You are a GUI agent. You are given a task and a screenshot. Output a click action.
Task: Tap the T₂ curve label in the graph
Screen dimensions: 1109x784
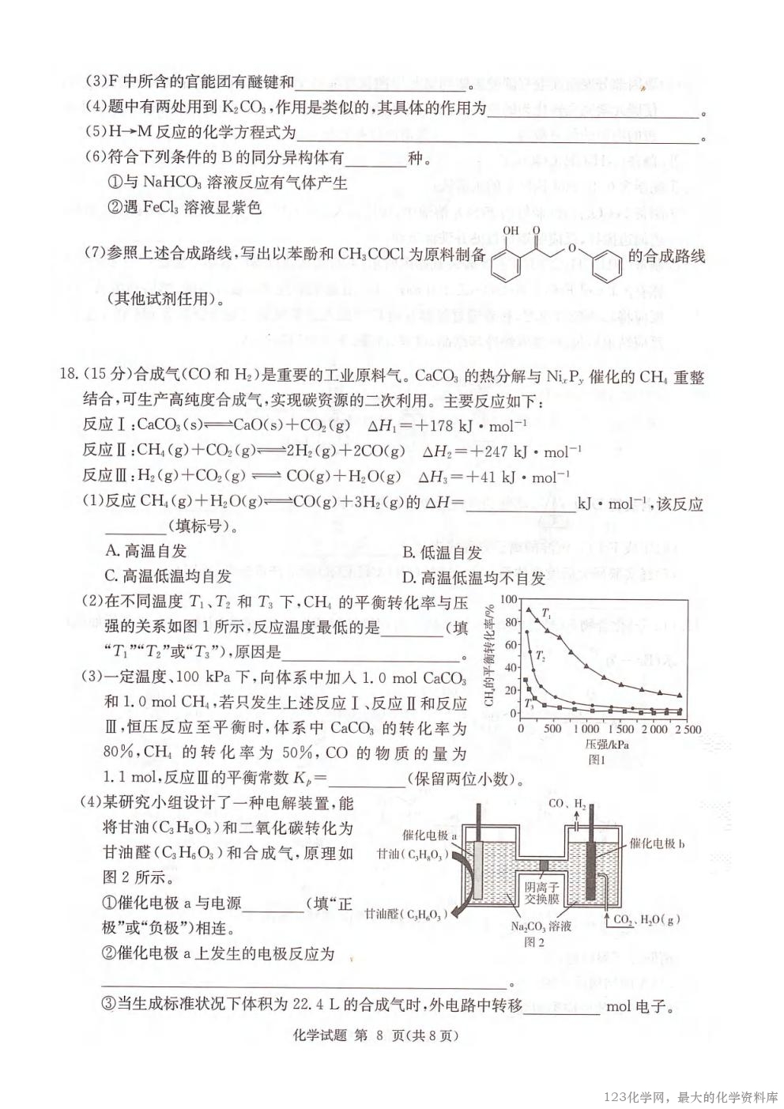click(539, 655)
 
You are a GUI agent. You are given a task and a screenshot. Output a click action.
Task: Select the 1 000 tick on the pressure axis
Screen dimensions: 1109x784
click(585, 728)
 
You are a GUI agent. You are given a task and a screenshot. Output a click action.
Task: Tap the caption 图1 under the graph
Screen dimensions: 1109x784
click(597, 760)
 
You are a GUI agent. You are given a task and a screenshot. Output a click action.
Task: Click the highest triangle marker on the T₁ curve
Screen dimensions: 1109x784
click(530, 609)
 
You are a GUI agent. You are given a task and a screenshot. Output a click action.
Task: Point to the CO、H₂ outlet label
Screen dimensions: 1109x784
click(567, 804)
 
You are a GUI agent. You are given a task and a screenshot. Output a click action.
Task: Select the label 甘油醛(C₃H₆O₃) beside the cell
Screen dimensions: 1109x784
click(405, 915)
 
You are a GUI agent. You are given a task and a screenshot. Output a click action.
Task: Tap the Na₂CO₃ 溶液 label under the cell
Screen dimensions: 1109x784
click(541, 926)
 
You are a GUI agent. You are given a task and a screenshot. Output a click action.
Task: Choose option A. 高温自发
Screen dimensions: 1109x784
click(146, 551)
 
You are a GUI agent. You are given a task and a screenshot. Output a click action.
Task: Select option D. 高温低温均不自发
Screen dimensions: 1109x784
click(473, 578)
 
